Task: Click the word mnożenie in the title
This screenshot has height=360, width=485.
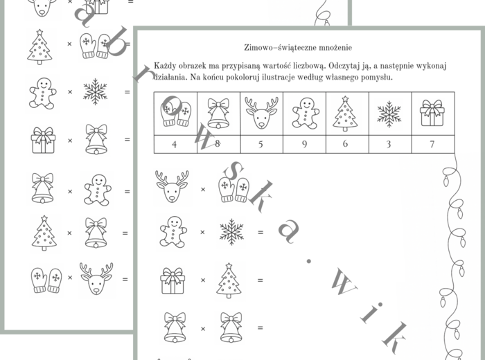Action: pos(335,48)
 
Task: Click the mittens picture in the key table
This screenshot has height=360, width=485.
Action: pos(175,114)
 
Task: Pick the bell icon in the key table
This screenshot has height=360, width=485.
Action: pos(218,114)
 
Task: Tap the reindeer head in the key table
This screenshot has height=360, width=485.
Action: pos(261,113)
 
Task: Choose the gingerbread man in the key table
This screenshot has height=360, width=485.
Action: pos(305,114)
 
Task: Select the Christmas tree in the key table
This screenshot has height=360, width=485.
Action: pos(345,114)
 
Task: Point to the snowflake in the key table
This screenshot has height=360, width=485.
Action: pos(389,114)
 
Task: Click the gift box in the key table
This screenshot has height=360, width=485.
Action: pos(432,113)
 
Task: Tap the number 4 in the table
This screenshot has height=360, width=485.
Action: pos(175,144)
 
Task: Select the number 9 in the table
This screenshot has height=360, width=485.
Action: pos(305,144)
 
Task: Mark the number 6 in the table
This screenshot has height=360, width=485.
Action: pos(346,144)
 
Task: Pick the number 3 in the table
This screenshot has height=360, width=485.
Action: pos(389,144)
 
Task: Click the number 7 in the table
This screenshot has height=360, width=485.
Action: pos(432,144)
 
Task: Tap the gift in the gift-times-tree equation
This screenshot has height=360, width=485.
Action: pos(173,280)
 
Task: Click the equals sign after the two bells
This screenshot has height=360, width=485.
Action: pos(260,327)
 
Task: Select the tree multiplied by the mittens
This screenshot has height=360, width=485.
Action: pos(39,46)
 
